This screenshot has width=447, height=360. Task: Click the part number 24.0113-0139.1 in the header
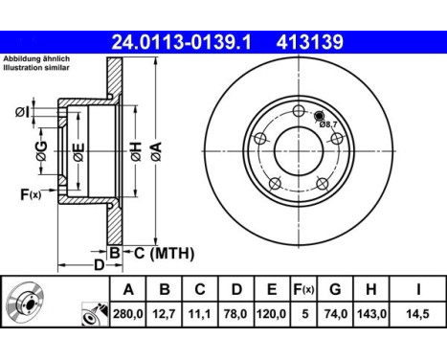tap(183, 42)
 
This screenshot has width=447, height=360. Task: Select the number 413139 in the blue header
tap(310, 42)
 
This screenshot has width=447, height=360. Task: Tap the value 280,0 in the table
tap(128, 313)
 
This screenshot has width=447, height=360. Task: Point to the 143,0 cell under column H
tap(370, 313)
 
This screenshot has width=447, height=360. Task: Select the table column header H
tap(370, 289)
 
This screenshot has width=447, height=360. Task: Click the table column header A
tap(128, 289)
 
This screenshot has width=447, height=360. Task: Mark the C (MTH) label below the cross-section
tap(164, 253)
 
